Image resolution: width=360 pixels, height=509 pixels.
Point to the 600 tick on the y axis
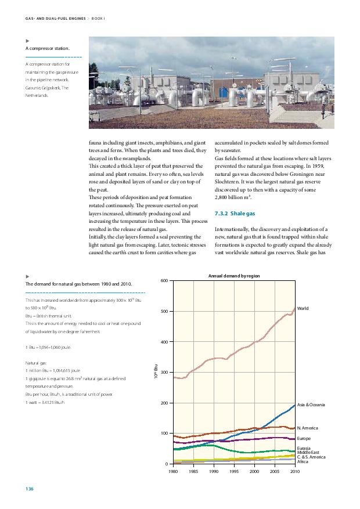point(165,281)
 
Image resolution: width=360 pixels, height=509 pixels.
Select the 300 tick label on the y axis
point(165,373)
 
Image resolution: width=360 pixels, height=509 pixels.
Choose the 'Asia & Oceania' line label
point(311,404)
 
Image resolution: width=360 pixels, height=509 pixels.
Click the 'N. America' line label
point(307,428)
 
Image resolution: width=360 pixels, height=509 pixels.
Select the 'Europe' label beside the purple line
point(304,438)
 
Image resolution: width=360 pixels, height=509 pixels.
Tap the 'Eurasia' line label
point(304,448)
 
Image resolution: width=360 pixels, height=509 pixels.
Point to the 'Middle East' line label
point(308,452)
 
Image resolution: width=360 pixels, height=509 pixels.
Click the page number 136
point(29,490)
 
